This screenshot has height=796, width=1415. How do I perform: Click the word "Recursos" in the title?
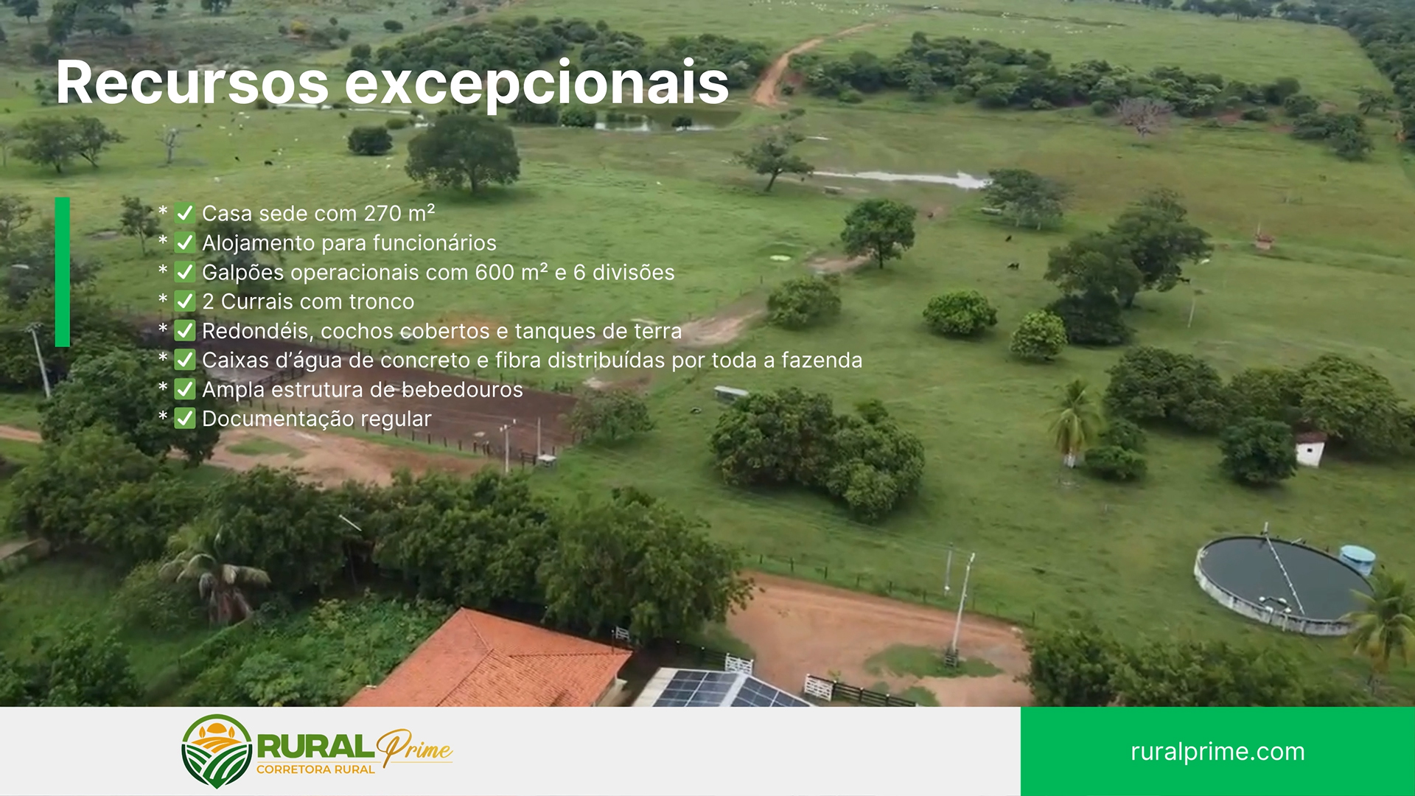[192, 83]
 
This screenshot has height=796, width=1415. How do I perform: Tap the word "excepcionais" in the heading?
[537, 84]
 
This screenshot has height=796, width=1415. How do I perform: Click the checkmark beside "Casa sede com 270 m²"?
[185, 214]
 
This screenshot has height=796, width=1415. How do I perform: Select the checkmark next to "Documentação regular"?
[185, 419]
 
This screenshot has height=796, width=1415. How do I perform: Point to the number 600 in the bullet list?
[494, 273]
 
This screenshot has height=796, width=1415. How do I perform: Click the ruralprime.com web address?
[1217, 752]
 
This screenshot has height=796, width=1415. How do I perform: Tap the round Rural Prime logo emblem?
[217, 750]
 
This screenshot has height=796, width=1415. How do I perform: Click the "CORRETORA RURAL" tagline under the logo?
[315, 769]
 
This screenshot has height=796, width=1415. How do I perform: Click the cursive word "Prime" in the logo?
[414, 748]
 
